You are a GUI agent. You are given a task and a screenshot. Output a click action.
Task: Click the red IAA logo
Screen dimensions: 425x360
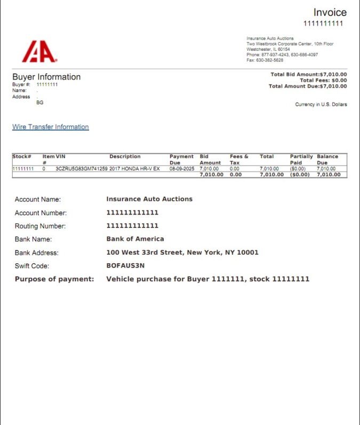click(39, 52)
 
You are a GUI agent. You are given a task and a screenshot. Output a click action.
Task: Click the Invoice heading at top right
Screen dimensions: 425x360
click(330, 12)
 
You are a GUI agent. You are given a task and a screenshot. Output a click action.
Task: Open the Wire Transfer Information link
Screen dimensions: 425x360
click(50, 127)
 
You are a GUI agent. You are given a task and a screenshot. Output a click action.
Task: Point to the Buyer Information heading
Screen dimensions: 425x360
click(46, 77)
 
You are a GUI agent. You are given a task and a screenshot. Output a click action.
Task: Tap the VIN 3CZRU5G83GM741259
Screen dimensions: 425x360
click(82, 169)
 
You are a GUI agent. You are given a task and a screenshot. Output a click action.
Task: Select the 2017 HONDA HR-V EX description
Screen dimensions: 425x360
click(134, 169)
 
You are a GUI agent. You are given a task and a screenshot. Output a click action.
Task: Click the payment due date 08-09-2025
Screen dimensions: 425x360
click(182, 169)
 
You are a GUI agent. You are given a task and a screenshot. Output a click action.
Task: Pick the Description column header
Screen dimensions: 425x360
click(125, 156)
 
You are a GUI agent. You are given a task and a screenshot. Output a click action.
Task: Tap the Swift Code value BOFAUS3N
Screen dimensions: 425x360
click(125, 266)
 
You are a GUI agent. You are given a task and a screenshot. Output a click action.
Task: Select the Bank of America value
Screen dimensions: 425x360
click(135, 239)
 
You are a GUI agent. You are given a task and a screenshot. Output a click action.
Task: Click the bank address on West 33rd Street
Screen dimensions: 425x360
click(182, 253)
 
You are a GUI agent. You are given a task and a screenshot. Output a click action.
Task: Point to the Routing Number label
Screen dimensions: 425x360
click(41, 226)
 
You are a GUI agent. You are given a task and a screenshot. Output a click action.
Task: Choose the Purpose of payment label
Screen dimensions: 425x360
click(54, 279)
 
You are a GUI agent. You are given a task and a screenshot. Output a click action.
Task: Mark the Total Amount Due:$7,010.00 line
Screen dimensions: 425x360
click(308, 86)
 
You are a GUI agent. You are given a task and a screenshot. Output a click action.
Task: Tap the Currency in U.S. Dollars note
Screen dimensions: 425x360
click(321, 105)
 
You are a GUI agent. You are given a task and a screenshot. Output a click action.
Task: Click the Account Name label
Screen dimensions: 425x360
click(37, 200)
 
